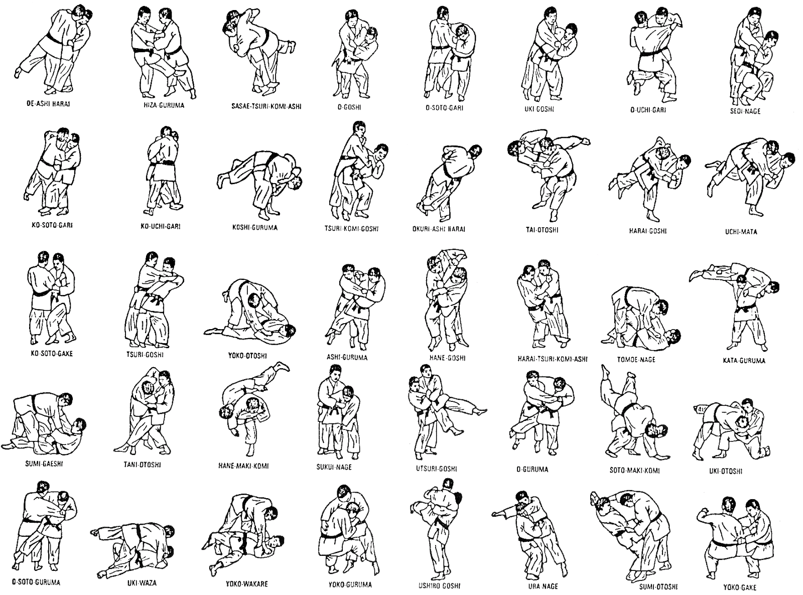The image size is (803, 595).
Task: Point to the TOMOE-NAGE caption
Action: click(636, 359)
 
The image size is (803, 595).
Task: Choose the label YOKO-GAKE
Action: click(740, 587)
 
